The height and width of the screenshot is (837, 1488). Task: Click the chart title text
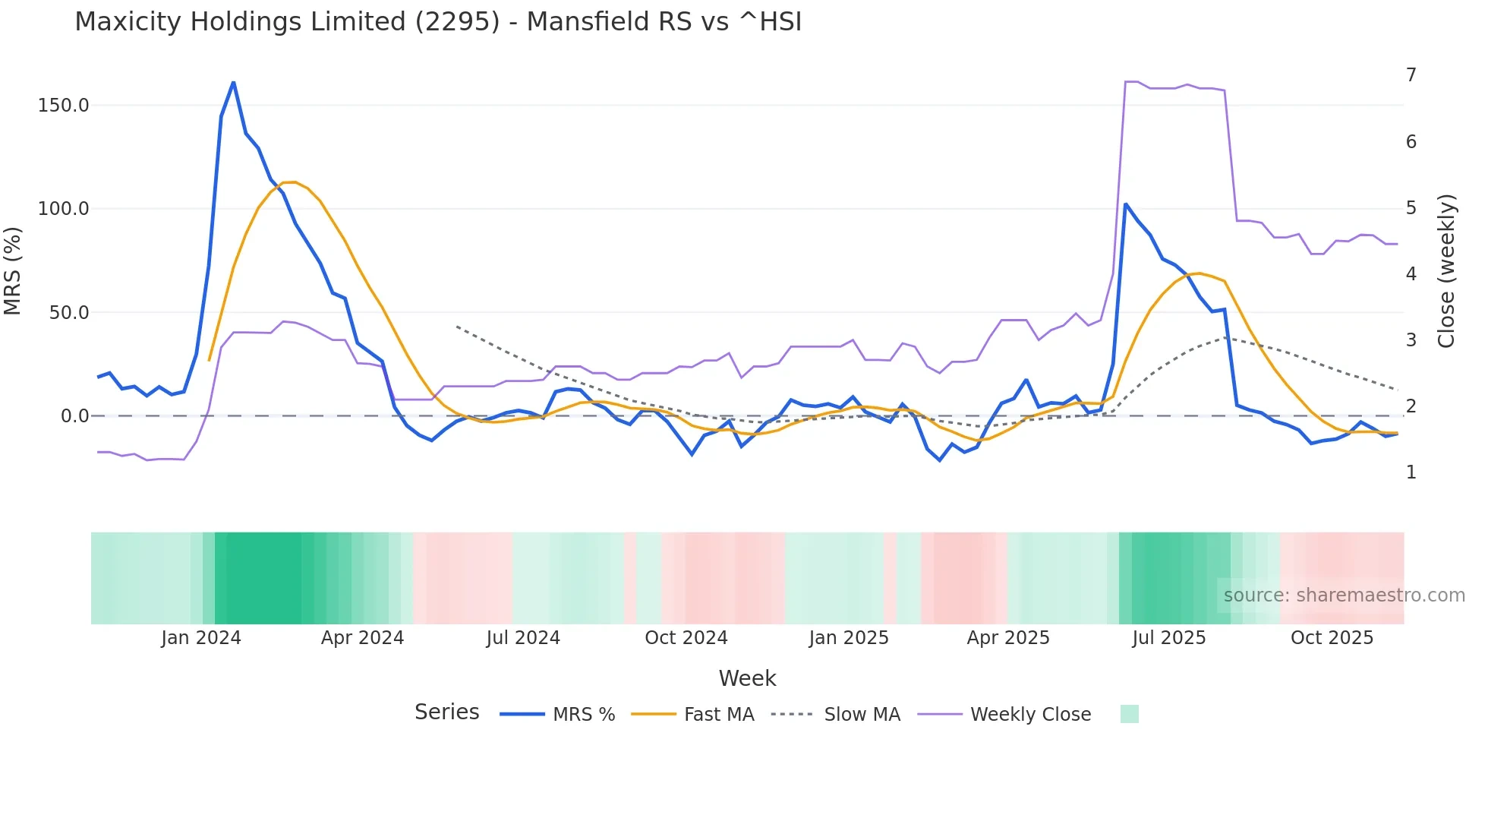(x=438, y=22)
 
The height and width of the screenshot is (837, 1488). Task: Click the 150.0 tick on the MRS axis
(x=63, y=106)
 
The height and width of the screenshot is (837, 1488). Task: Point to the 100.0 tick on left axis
(x=63, y=209)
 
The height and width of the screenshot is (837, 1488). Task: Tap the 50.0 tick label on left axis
(x=68, y=313)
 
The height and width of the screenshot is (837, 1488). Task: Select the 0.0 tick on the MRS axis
(x=74, y=416)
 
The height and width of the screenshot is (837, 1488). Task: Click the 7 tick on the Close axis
(x=1411, y=75)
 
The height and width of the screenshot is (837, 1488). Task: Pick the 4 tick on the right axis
(x=1411, y=274)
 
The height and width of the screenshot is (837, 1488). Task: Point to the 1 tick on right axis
(x=1411, y=472)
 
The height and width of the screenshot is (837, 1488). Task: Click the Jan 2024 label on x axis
(x=201, y=638)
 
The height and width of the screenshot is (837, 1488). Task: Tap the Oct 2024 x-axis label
(x=686, y=638)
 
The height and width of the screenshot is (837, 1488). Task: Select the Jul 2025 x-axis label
(x=1169, y=638)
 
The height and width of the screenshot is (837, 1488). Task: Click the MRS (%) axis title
(x=13, y=270)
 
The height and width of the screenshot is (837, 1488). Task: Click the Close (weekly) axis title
(x=1446, y=271)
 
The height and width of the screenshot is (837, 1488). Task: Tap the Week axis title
(x=747, y=678)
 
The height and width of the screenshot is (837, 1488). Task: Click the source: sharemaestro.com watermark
(x=1344, y=595)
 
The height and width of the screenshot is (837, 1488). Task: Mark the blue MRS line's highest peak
(x=233, y=82)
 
